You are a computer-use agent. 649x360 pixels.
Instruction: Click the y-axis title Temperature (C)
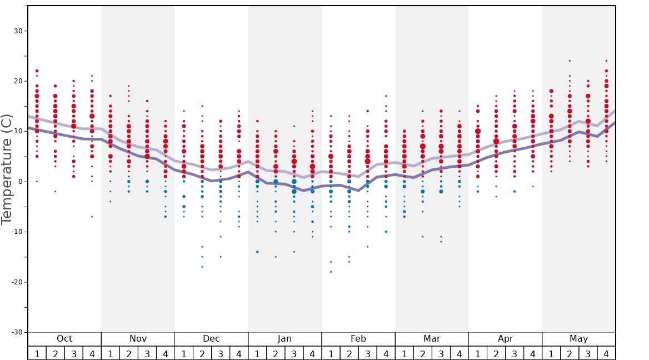coord(7,169)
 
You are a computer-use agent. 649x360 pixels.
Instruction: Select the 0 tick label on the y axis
coord(20,182)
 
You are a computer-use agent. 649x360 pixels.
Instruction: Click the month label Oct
coord(64,339)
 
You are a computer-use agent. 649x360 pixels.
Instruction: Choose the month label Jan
coord(284,339)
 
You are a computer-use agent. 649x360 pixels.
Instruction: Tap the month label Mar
coord(432,339)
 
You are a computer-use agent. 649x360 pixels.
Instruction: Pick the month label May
coord(578,339)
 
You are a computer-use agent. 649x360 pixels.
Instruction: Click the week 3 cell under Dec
coord(221,353)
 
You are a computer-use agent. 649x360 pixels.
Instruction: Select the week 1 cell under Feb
coord(331,353)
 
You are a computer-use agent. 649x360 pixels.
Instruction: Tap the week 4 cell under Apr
coord(533,353)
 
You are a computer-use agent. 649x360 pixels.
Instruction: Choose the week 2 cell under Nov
coord(129,353)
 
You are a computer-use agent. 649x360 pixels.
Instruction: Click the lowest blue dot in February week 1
coord(331,272)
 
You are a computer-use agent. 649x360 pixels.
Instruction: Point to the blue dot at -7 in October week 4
coord(92,217)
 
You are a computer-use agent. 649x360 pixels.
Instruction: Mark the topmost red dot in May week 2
coord(570,61)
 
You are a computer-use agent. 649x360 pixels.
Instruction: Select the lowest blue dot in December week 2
coord(202,267)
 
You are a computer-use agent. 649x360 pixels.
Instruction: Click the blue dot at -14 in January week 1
coord(257,252)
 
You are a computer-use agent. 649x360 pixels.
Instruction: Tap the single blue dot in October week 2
coord(55,192)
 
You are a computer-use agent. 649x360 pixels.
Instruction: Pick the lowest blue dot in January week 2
coord(276,257)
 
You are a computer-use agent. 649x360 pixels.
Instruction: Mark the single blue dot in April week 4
coord(533,187)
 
